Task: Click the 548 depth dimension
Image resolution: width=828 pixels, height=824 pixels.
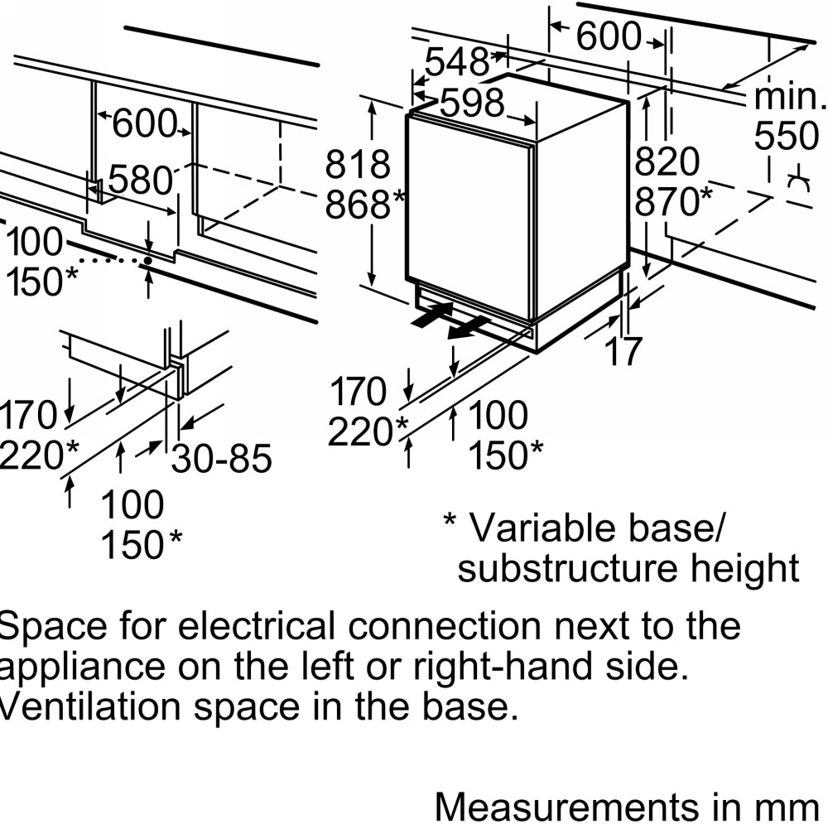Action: [457, 62]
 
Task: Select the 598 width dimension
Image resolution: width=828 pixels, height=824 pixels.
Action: [472, 103]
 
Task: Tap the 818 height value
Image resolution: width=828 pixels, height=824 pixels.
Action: [358, 164]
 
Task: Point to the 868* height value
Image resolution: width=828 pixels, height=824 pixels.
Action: [365, 205]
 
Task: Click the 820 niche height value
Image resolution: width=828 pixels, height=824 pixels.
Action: [667, 161]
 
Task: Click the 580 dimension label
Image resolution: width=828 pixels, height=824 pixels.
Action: [141, 180]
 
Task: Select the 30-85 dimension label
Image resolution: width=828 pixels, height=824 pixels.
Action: [222, 458]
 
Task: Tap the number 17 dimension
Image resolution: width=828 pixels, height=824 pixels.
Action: [623, 351]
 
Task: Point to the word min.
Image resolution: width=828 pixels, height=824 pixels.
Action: [789, 96]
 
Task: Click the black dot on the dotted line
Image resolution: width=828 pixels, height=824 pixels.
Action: [148, 260]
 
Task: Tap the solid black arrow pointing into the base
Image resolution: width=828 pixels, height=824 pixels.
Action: [432, 315]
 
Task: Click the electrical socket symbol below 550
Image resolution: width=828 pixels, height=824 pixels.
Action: [798, 182]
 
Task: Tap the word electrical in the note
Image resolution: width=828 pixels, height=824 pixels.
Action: [257, 626]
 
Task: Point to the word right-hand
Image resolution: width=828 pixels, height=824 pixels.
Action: [503, 667]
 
